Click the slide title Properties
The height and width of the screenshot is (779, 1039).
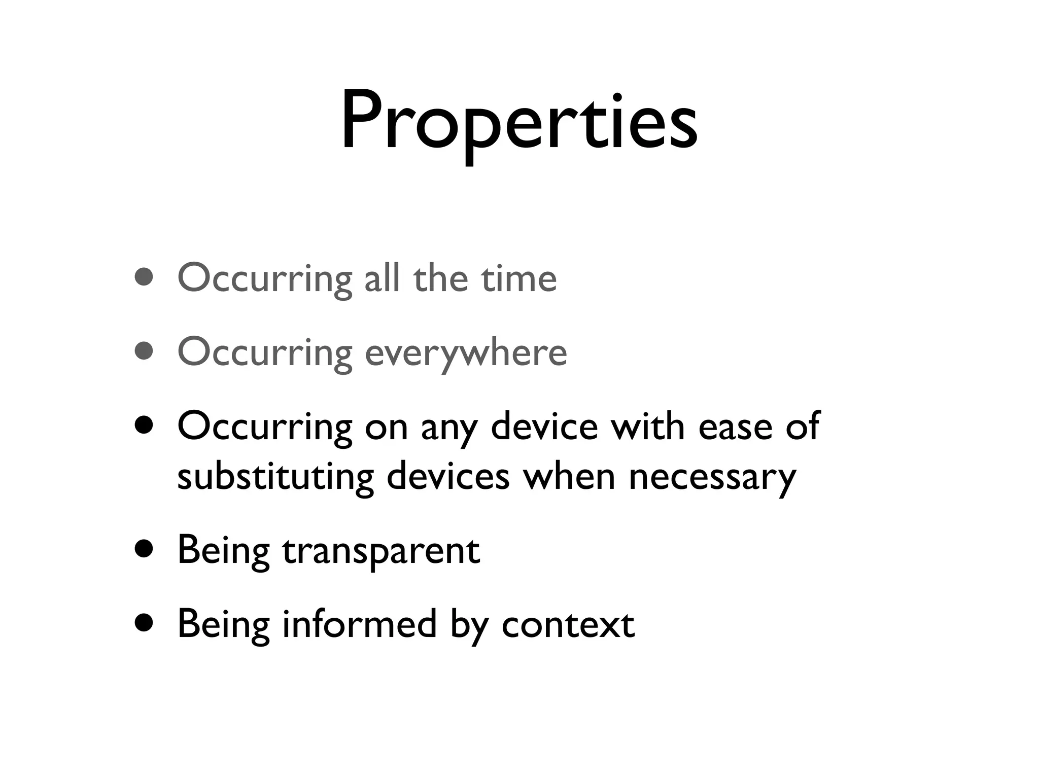click(x=519, y=122)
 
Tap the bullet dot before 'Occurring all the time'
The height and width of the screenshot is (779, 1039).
click(x=145, y=277)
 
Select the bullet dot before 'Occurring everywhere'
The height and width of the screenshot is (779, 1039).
click(x=145, y=351)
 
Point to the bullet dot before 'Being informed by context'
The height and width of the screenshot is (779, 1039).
click(x=145, y=623)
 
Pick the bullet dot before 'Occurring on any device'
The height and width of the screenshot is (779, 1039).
click(x=145, y=426)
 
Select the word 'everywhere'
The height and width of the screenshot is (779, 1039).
click(x=466, y=352)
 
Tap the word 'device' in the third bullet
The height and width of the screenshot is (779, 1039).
click(x=544, y=426)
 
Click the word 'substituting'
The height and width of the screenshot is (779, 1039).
click(x=275, y=477)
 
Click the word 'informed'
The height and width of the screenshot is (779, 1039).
click(x=359, y=623)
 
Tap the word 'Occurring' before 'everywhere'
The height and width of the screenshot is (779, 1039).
click(x=265, y=352)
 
